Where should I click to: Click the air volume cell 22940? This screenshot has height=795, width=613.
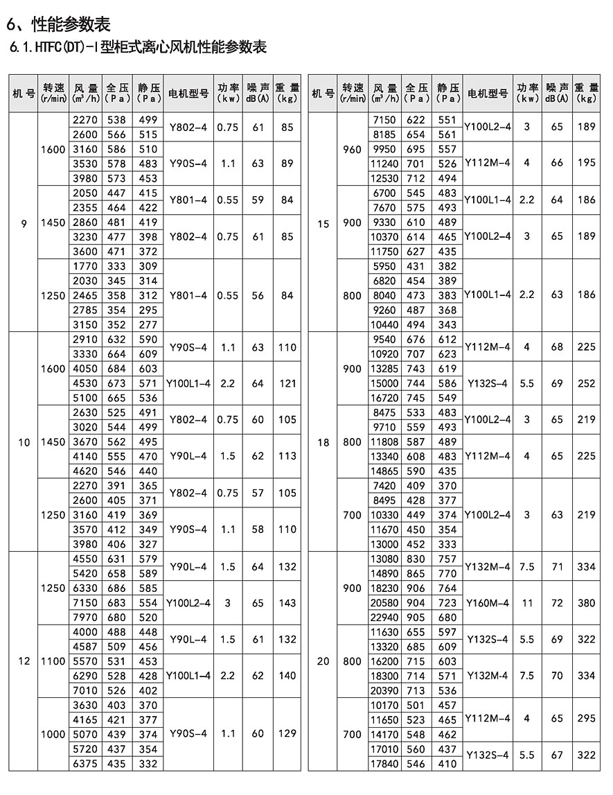[x=385, y=618]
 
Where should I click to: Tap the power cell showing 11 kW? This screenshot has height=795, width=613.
[x=527, y=603]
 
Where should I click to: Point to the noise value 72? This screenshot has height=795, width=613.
[x=557, y=603]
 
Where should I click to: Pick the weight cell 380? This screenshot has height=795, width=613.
[x=586, y=603]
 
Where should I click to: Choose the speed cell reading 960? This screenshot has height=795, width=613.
[x=353, y=149]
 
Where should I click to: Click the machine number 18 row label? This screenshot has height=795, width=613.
[x=323, y=442]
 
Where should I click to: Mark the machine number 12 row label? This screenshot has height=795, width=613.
[x=24, y=661]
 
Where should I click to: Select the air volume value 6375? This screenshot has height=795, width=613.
[x=86, y=764]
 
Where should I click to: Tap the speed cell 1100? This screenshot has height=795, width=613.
[x=53, y=661]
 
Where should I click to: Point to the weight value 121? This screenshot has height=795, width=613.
[x=287, y=383]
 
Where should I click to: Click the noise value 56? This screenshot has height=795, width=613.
[x=258, y=295]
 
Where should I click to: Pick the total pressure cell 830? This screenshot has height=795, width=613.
[x=416, y=559]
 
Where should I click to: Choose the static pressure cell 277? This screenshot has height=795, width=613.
[x=148, y=324]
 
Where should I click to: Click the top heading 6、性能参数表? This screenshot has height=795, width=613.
[x=58, y=24]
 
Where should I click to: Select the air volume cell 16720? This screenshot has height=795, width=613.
[x=385, y=398]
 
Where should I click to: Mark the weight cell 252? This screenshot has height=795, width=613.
[x=586, y=383]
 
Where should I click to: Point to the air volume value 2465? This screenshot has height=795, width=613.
[x=86, y=295]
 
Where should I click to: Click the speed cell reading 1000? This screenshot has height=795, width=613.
[x=53, y=734]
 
